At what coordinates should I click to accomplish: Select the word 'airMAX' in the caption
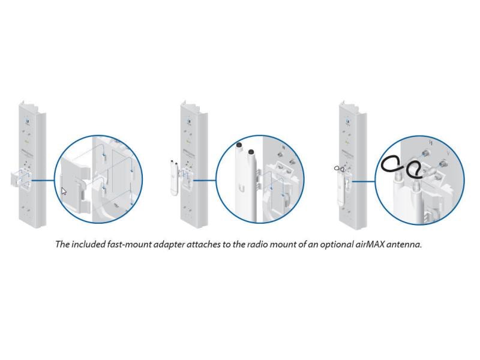click(365, 245)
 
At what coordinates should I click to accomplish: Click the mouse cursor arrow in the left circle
click(64, 191)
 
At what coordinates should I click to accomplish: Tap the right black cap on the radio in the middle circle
click(249, 146)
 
